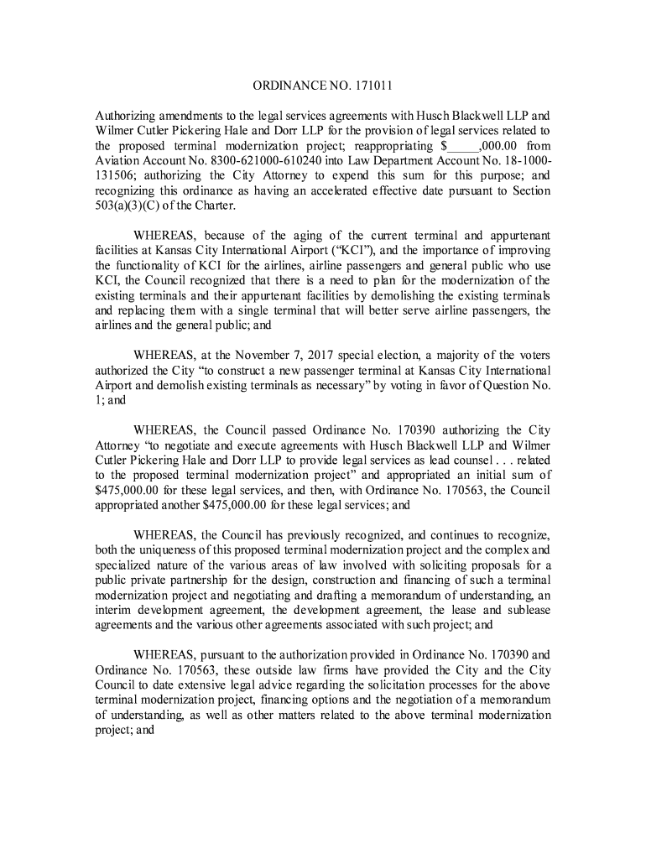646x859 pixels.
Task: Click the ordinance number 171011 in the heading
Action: (x=371, y=86)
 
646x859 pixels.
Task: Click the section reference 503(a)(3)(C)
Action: (x=127, y=206)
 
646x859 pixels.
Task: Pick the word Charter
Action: (x=216, y=206)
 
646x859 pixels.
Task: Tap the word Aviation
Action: (x=117, y=161)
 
